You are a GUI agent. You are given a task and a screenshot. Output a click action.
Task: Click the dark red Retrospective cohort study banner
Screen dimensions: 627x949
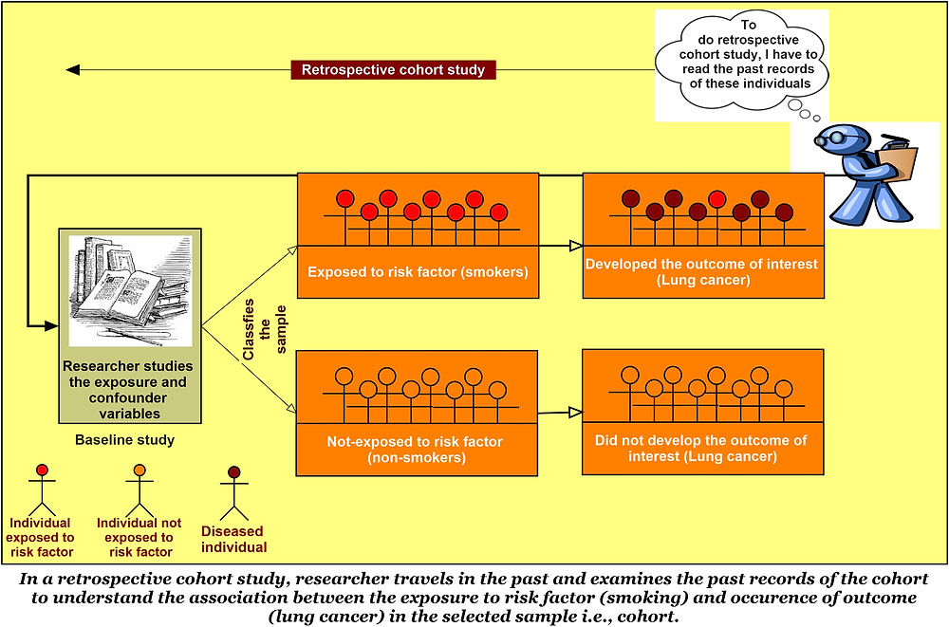[393, 70]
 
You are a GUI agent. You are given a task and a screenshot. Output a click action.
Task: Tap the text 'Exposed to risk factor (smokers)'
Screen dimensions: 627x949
[418, 271]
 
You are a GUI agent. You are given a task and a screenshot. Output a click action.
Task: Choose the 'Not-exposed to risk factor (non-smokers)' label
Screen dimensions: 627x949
[415, 449]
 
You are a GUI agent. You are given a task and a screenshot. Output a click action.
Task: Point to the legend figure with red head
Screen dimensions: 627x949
[41, 489]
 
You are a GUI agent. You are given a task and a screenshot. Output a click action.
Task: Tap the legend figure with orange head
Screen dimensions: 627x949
[140, 489]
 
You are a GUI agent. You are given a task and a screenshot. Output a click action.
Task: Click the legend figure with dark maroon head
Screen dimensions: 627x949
[233, 489]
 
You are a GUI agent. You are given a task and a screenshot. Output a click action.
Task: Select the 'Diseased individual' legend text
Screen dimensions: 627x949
[233, 539]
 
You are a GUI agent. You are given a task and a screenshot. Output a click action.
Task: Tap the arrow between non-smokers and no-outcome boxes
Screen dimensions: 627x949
[561, 413]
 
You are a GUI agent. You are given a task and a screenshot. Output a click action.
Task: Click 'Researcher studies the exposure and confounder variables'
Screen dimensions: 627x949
[127, 389]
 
